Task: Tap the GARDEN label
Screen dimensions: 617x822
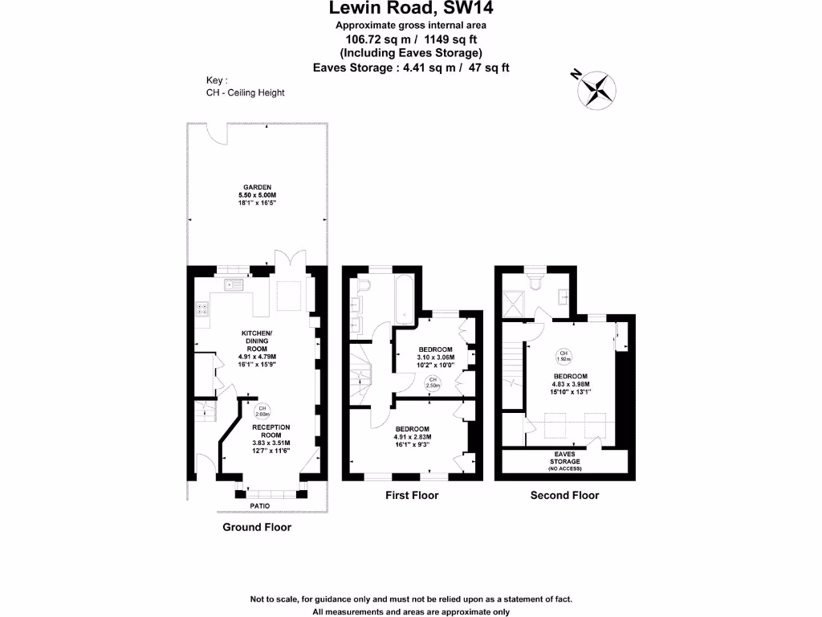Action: [258, 187]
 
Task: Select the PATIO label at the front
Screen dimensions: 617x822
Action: [259, 505]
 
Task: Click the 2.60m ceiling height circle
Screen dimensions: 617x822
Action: [261, 411]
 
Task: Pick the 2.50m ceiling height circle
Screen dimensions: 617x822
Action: [433, 382]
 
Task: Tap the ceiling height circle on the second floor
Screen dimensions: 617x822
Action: [564, 356]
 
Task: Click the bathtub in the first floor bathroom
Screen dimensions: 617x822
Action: [403, 303]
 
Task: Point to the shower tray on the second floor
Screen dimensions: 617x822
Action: [512, 304]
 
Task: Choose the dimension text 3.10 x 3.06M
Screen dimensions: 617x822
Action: [435, 358]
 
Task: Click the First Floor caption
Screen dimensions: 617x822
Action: [412, 496]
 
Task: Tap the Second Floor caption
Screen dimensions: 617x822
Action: [564, 496]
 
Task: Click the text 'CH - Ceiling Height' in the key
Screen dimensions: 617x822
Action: [245, 92]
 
